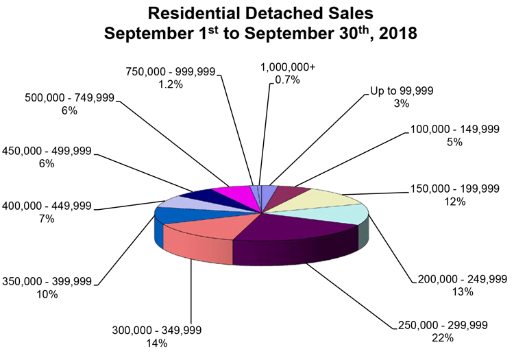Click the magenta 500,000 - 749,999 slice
[x=230, y=194]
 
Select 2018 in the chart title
[x=397, y=34]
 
